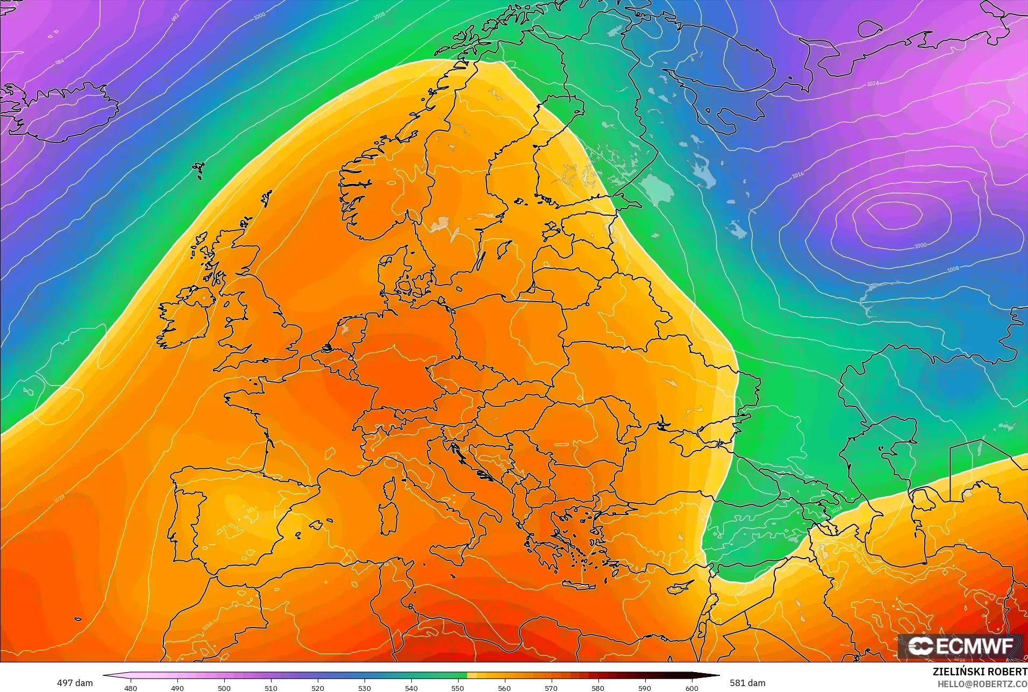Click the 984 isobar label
pos(60,62)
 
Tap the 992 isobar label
pos(175,18)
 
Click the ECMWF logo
pos(960,646)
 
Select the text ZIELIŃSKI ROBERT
pos(980,672)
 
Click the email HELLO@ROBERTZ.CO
pos(982,684)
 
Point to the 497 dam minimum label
pos(75,683)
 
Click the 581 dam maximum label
pos(747,683)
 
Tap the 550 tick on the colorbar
pos(458,688)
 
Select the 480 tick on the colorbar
pos(130,688)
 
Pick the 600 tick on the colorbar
pos(691,688)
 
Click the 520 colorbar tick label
pos(317,688)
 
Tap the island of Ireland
pos(185,320)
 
